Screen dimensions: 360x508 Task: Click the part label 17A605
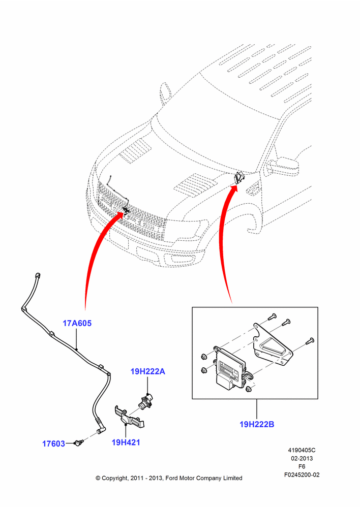coord(77,323)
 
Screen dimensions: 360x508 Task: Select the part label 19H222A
coord(147,371)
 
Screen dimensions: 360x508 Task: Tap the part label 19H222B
coord(257,424)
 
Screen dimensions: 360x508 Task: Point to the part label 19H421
coord(126,442)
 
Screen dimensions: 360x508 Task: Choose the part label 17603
coord(53,443)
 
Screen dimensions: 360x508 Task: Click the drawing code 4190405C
coord(302,450)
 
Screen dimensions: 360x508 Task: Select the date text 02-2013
coord(302,458)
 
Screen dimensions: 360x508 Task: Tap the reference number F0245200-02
coord(302,474)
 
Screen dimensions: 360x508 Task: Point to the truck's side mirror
coord(284,166)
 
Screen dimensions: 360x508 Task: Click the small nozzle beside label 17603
coord(79,442)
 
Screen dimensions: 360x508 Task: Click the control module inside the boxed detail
coord(230,368)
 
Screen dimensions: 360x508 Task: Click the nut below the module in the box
coord(249,389)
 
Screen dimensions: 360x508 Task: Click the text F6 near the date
coord(302,466)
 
